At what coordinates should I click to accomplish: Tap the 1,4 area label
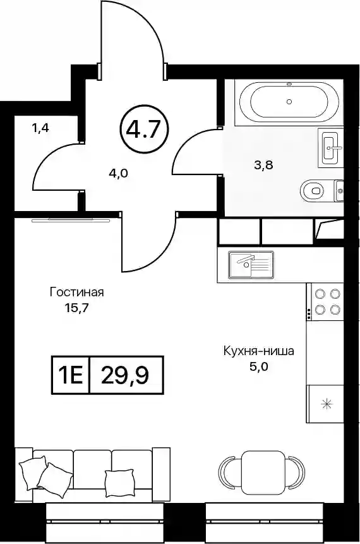pos(41,128)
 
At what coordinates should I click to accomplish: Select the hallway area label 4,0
pos(118,172)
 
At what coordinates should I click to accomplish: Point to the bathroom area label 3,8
pos(263,165)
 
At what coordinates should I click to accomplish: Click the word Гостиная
pos(76,292)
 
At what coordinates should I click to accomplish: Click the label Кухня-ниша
pos(259,351)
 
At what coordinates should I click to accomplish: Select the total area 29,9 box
pos(126,375)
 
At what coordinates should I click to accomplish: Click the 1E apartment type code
pos(71,375)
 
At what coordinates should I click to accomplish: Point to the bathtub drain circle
pos(289,102)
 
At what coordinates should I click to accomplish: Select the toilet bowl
pos(313,191)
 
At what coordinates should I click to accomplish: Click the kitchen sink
pos(251,264)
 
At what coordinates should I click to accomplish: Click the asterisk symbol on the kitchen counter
pos(326,404)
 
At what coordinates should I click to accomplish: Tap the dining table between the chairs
pos(265,473)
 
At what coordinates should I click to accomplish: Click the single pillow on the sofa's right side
pos(119,483)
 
